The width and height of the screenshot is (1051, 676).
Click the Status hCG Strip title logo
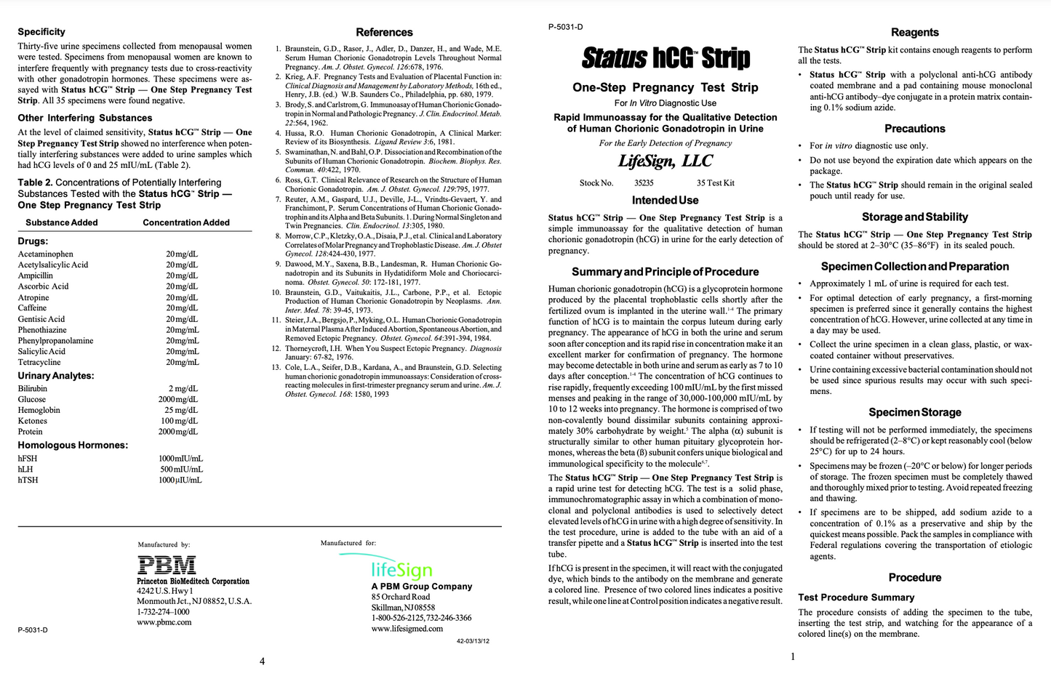pyautogui.click(x=666, y=57)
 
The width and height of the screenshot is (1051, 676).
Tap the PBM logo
pyautogui.click(x=167, y=565)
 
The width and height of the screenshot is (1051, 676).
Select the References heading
pyautogui.click(x=384, y=33)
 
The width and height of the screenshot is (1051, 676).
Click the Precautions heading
pyautogui.click(x=914, y=129)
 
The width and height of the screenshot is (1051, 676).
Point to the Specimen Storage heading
pyautogui.click(x=914, y=412)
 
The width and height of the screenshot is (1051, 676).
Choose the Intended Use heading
pyautogui.click(x=665, y=201)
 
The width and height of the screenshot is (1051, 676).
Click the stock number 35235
pyautogui.click(x=644, y=183)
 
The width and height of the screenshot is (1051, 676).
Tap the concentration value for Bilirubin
pyautogui.click(x=183, y=389)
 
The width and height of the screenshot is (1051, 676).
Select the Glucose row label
pyautogui.click(x=32, y=400)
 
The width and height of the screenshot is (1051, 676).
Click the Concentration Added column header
pyautogui.click(x=186, y=222)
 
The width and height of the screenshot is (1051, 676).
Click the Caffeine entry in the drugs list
pyautogui.click(x=32, y=308)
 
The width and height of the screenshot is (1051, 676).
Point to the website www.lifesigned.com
pyautogui.click(x=407, y=629)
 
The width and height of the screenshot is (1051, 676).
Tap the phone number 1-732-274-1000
pyautogui.click(x=163, y=612)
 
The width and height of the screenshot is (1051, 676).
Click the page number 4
pyautogui.click(x=263, y=661)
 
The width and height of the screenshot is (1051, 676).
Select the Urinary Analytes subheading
pyautogui.click(x=56, y=376)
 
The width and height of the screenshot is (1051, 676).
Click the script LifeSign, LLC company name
pyautogui.click(x=665, y=161)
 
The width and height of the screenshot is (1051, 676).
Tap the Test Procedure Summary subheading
pyautogui.click(x=855, y=597)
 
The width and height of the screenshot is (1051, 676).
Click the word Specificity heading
pyautogui.click(x=41, y=32)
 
